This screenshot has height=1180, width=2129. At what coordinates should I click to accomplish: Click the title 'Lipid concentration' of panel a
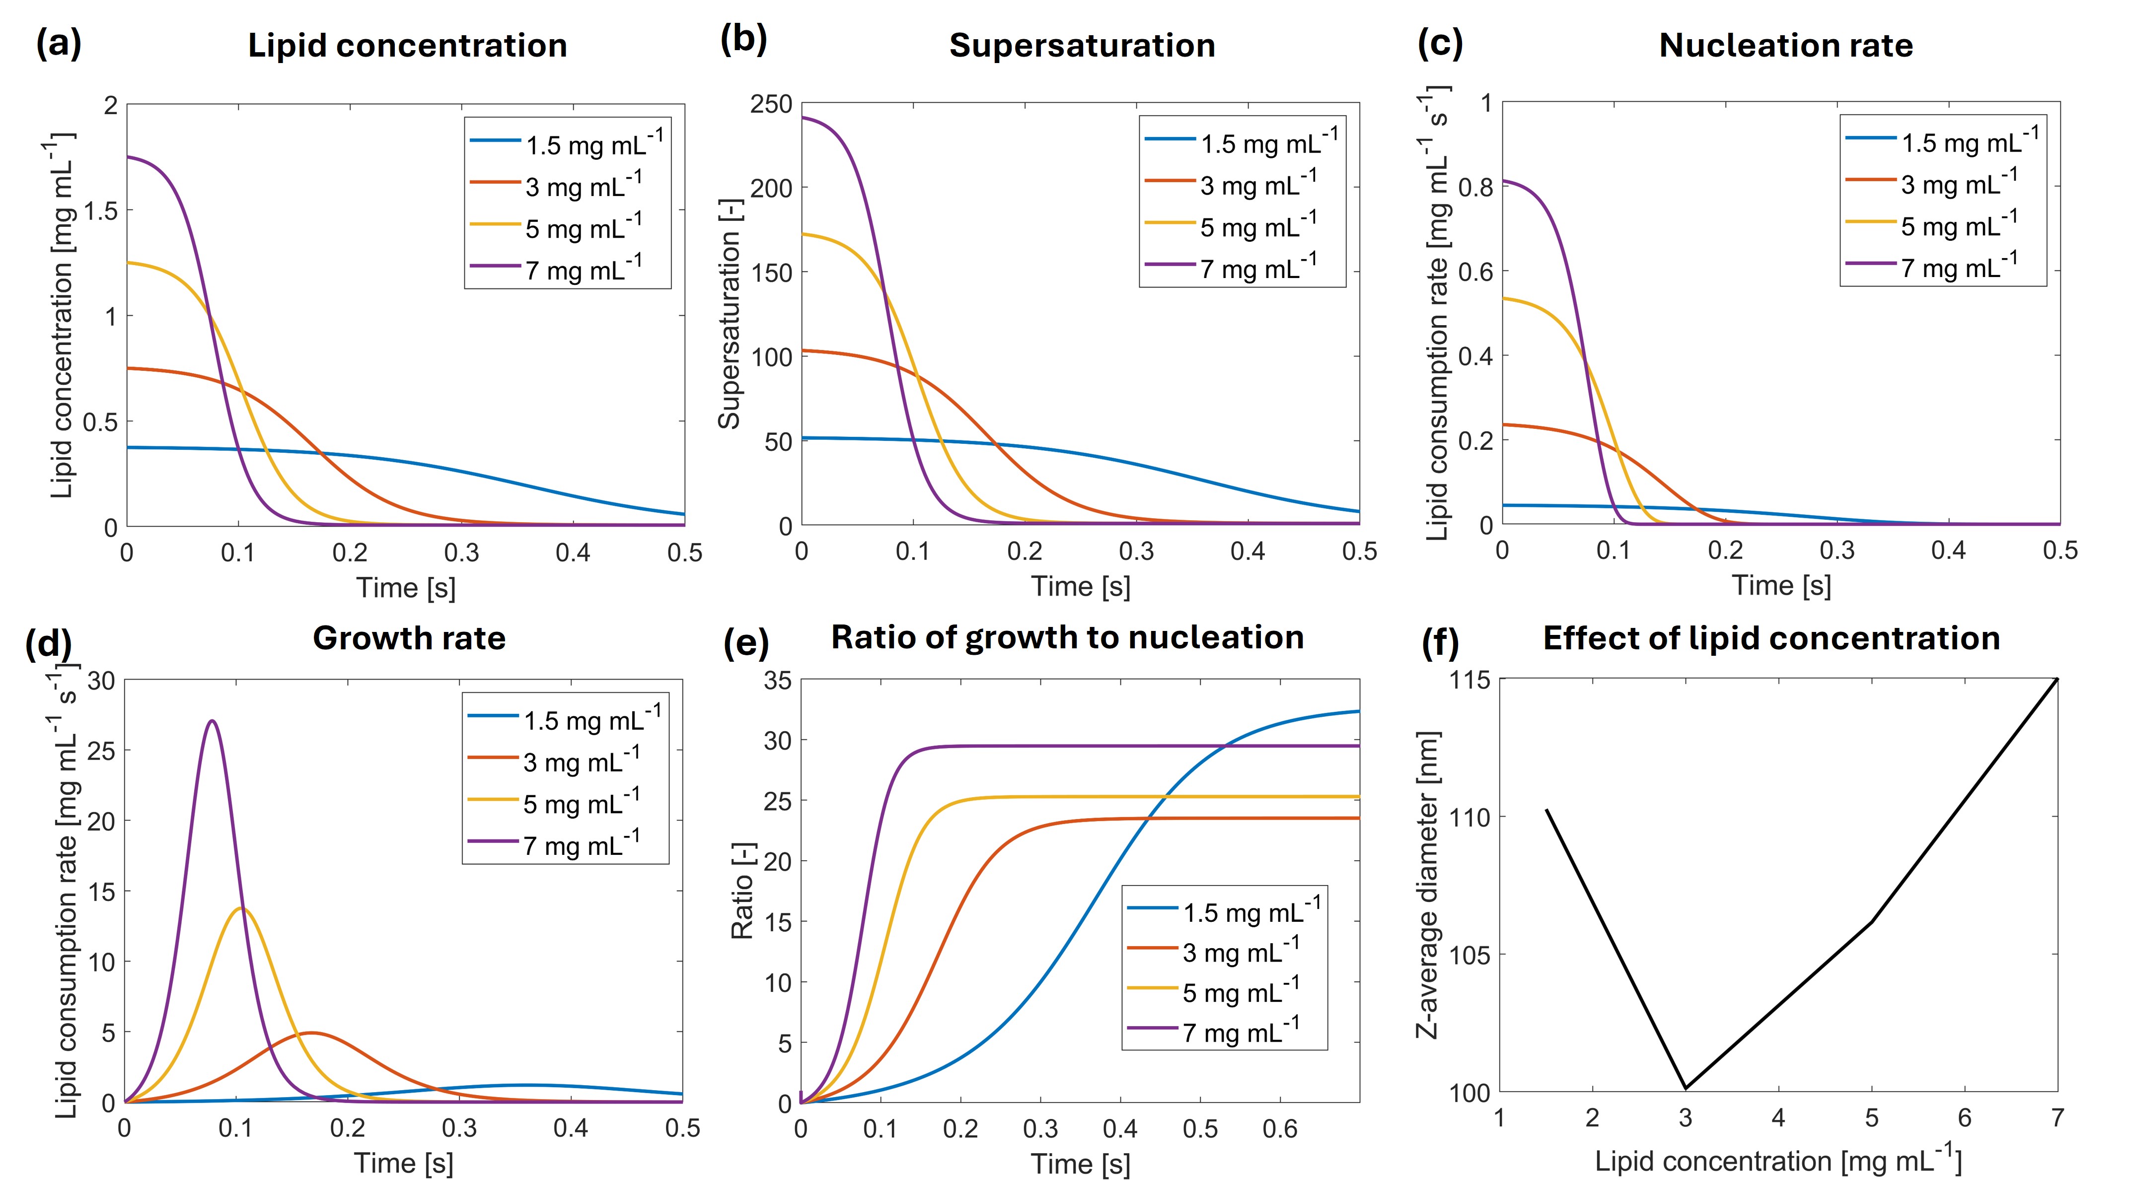point(407,46)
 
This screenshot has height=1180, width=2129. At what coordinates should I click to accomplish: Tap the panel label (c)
point(1440,43)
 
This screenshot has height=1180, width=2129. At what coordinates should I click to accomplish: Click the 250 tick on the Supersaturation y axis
point(770,105)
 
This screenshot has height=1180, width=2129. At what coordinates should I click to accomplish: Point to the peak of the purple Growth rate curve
point(213,721)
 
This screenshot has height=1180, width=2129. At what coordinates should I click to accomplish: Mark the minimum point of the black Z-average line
point(1685,1088)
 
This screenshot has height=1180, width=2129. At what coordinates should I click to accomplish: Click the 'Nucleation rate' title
point(1785,46)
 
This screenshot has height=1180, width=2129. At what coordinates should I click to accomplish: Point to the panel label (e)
point(745,641)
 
